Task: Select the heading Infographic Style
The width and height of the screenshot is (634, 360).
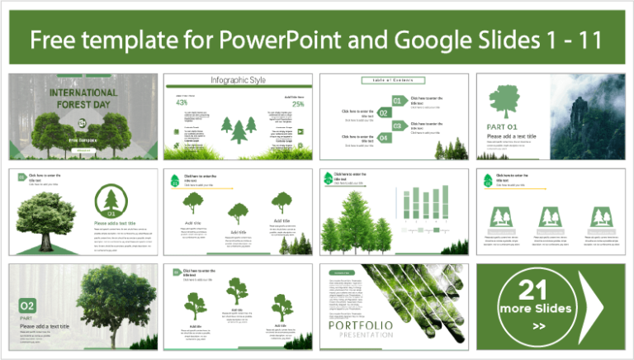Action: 237,80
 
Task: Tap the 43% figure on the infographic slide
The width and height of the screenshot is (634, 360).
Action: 182,104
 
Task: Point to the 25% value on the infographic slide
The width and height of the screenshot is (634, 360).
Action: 297,104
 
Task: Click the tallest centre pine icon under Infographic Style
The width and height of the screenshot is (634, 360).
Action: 239,128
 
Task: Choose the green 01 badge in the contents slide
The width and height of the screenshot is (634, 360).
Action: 396,101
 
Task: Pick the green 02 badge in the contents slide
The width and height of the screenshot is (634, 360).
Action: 384,113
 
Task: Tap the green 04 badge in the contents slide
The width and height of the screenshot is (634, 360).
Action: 384,138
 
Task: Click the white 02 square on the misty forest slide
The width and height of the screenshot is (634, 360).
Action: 28,306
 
